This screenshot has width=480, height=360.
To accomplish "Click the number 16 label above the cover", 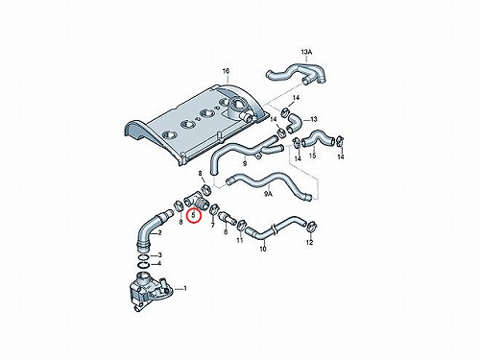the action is [x=226, y=71].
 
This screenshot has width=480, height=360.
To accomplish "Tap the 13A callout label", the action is [x=306, y=52].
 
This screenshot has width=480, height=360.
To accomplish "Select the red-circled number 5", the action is [x=193, y=216].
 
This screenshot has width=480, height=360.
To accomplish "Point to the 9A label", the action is [x=268, y=194].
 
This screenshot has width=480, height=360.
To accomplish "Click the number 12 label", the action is [x=309, y=243].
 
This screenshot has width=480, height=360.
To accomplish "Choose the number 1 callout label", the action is [x=185, y=289].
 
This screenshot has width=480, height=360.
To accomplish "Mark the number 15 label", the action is [x=312, y=156].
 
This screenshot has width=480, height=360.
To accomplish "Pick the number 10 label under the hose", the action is [x=263, y=249].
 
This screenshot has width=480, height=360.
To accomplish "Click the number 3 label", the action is [x=160, y=255].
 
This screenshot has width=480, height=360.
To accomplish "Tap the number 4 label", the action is [x=160, y=264].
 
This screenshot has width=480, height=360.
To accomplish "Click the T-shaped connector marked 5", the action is [x=196, y=203].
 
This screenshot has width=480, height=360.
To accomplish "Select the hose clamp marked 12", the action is [x=310, y=227].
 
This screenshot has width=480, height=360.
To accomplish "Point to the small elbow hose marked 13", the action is [x=293, y=124].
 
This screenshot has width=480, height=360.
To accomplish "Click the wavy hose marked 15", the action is [x=318, y=137].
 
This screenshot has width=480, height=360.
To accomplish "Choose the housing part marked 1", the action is [x=149, y=290].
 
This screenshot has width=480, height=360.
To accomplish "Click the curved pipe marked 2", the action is [x=151, y=227].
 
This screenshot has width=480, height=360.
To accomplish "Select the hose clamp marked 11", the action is [x=241, y=225].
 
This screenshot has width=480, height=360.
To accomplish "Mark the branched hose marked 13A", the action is [x=296, y=74].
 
